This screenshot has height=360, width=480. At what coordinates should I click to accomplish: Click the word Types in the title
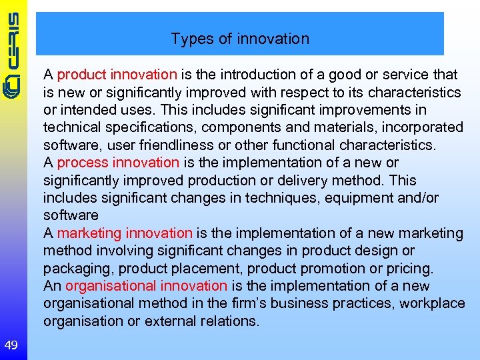189,39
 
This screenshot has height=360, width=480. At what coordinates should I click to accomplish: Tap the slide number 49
11,345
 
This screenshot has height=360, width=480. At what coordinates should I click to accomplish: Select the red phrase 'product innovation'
117,75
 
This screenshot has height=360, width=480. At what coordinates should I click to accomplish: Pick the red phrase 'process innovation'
118,162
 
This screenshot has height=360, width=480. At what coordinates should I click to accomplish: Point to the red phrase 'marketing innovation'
125,233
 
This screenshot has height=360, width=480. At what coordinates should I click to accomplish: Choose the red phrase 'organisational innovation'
147,286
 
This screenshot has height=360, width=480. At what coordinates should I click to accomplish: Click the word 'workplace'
435,303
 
